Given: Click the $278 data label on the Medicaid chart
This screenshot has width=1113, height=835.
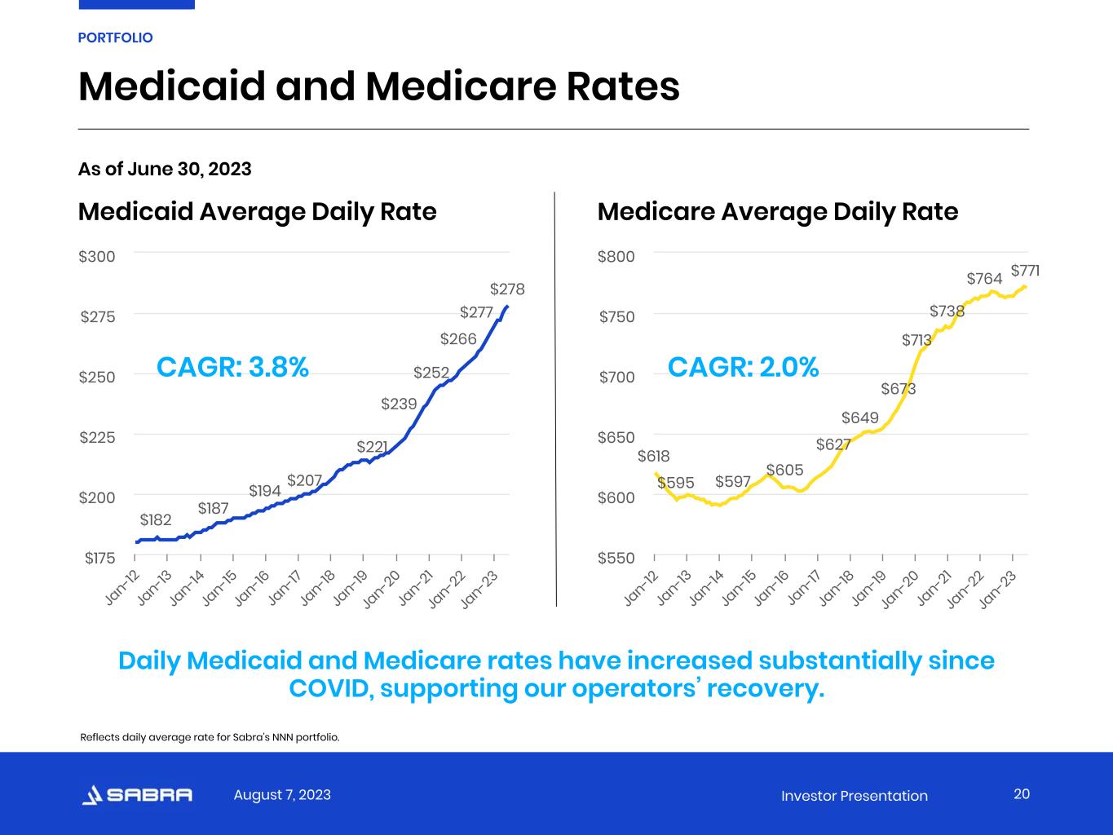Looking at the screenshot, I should (x=507, y=289).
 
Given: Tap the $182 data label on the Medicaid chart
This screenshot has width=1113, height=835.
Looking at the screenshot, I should (x=156, y=520).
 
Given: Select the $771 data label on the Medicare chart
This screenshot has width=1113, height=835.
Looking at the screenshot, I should (x=1025, y=270).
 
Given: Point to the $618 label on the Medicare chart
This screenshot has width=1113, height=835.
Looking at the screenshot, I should (x=653, y=457).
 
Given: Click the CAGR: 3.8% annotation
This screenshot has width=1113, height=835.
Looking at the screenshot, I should (x=232, y=368).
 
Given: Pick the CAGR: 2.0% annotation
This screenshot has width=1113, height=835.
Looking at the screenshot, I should (x=743, y=368).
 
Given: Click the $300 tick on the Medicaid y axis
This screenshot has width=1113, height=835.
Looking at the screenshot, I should (x=97, y=257).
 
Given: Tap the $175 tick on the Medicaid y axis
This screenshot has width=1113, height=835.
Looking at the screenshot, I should (x=99, y=559).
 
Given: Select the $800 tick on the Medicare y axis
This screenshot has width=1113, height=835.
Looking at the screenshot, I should (x=616, y=257).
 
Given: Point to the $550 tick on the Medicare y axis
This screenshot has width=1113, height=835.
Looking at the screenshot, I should (x=616, y=559).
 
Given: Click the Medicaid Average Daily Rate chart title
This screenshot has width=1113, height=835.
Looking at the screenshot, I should (x=257, y=212).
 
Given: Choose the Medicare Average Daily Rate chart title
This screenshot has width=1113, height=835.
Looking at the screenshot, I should (x=778, y=212).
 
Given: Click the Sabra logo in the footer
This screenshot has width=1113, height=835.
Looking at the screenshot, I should (x=138, y=795).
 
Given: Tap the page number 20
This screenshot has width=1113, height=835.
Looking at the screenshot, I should (x=1022, y=794).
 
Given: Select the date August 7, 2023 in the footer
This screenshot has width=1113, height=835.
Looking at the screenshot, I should (x=282, y=795).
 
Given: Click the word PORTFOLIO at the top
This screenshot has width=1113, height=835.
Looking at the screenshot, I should (x=115, y=38).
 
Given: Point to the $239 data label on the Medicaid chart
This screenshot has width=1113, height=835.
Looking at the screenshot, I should (x=399, y=404).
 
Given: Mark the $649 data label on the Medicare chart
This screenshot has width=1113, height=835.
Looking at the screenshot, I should (x=860, y=418).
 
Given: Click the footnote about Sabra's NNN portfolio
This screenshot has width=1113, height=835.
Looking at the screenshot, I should (x=210, y=737).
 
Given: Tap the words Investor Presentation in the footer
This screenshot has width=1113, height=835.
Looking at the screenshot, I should (x=854, y=796).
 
